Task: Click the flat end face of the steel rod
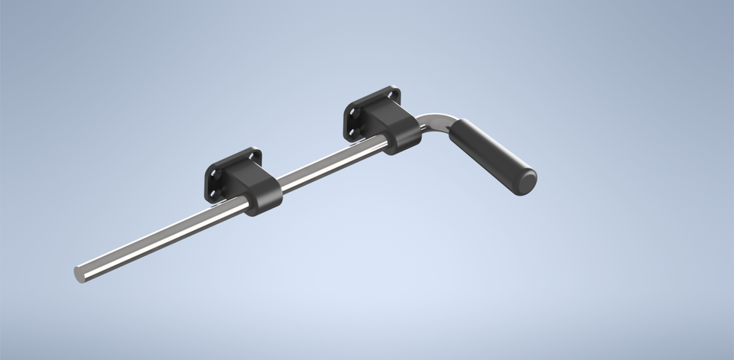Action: pos(79,273)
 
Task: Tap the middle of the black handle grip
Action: pos(489,155)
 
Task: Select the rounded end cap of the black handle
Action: pos(526,183)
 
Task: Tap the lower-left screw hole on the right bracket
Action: pos(350,132)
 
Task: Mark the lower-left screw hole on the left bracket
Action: pos(212,192)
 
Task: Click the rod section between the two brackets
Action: pos(329,163)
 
